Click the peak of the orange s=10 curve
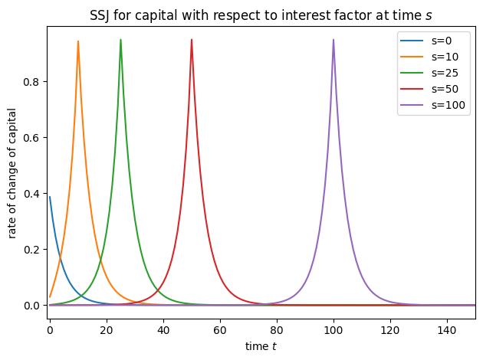78,41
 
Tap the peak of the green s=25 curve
120,40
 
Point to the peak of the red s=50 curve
192,40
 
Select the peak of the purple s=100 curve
333,40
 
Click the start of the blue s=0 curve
50,197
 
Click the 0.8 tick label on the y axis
31,82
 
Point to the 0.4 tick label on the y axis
31,194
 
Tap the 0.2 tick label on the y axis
31,250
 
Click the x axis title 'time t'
261,347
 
